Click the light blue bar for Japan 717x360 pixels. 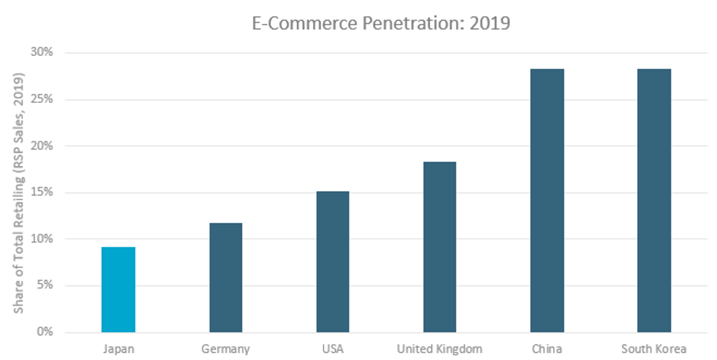pyautogui.click(x=118, y=289)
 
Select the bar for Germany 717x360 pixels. pyautogui.click(x=225, y=277)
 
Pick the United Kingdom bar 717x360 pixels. pyautogui.click(x=440, y=247)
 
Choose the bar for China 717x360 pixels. pyautogui.click(x=547, y=200)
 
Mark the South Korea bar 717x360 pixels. pyautogui.click(x=654, y=200)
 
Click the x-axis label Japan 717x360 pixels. pyautogui.click(x=118, y=348)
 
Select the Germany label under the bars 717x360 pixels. pyautogui.click(x=225, y=348)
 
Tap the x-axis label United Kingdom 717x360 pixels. pyautogui.click(x=440, y=348)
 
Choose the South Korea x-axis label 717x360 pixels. pyautogui.click(x=654, y=348)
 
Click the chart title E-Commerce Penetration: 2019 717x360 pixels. pyautogui.click(x=381, y=23)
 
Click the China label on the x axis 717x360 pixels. pyautogui.click(x=547, y=348)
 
